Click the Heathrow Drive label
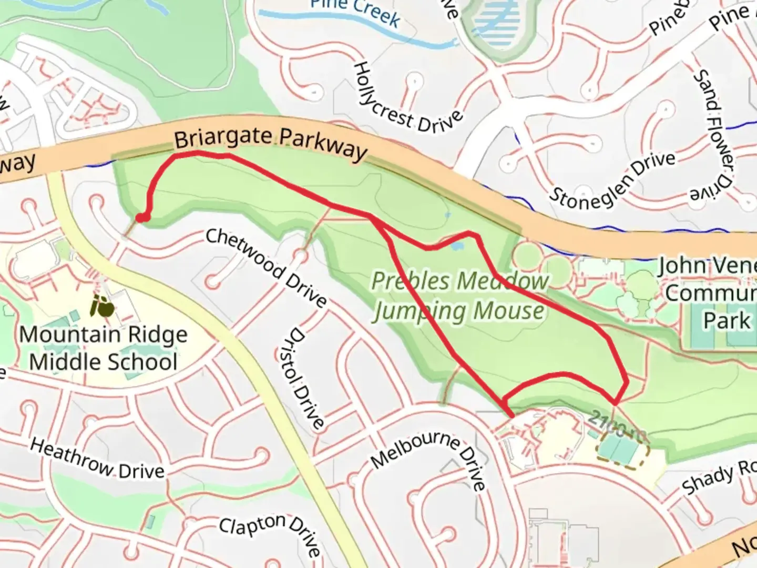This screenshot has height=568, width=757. point(97,459)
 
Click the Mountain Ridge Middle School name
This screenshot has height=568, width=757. point(104,348)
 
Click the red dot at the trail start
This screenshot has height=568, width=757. point(142,217)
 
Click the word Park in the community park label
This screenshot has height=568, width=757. point(727,321)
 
